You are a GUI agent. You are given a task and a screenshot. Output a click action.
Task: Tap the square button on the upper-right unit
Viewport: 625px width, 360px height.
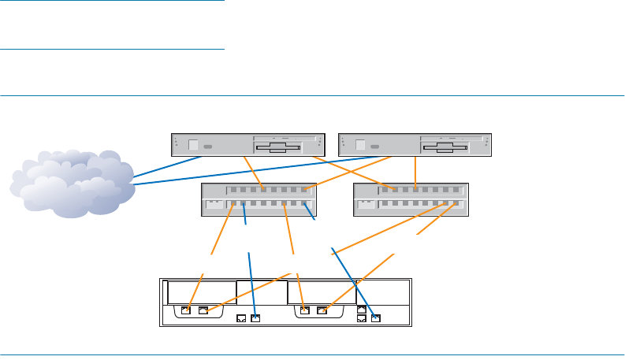tap(360, 145)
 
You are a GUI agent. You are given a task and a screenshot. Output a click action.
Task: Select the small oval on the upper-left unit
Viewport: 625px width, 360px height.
tap(208, 147)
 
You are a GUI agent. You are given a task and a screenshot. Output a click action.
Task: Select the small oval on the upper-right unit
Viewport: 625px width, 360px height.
tap(376, 147)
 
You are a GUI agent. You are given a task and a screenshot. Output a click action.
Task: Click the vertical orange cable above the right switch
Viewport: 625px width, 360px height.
tap(415, 170)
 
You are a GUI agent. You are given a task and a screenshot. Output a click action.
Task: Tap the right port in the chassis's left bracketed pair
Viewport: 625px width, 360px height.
tap(203, 310)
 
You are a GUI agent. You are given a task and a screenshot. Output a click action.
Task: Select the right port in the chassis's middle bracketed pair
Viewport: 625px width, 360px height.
tap(322, 310)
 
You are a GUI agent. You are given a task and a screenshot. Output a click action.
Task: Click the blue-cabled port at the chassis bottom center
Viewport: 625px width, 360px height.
tap(255, 319)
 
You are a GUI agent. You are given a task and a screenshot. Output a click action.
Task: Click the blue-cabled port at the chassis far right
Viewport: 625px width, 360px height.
tap(375, 319)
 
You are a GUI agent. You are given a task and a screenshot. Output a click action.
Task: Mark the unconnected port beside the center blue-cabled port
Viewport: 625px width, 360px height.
tap(241, 319)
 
